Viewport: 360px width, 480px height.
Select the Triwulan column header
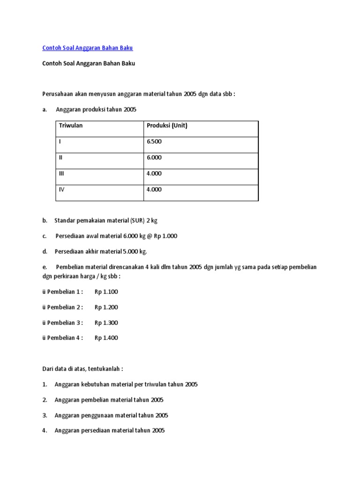71,126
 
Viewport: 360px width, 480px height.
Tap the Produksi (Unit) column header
167,126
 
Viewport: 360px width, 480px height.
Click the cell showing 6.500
154,141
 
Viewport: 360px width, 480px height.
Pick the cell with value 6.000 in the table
154,157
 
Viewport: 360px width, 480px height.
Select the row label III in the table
61,173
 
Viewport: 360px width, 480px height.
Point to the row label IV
61,189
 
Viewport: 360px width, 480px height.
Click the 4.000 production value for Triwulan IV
154,189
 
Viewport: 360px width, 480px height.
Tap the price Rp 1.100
106,292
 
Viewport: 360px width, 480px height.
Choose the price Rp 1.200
106,307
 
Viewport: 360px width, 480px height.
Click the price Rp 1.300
106,322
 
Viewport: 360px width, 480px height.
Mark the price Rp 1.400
106,338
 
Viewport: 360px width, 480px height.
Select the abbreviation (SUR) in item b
137,220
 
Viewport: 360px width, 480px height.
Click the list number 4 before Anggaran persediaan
44,431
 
